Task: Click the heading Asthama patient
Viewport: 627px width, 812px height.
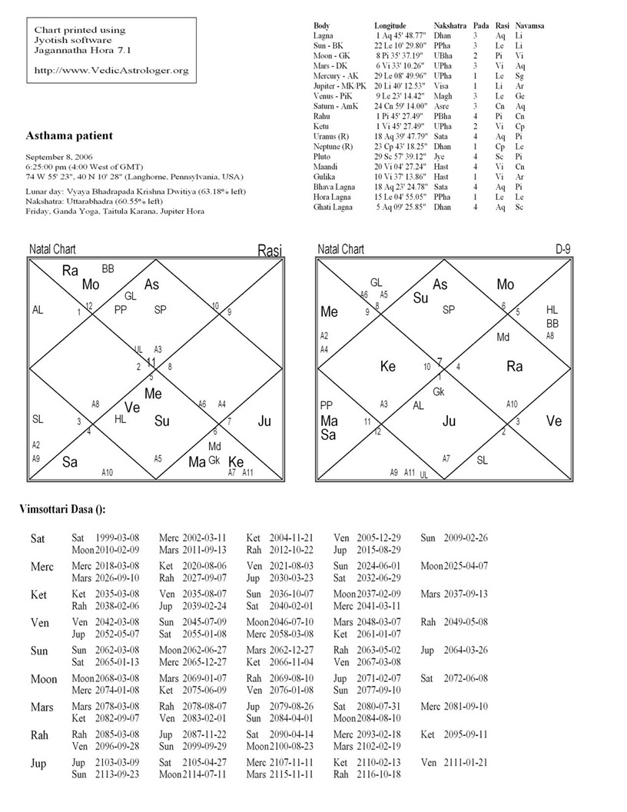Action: click(70, 136)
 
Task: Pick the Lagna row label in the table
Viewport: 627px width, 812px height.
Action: click(323, 36)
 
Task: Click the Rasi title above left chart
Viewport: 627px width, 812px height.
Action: click(270, 251)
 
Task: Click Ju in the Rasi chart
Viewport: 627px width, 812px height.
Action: click(265, 421)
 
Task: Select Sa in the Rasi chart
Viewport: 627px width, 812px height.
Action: click(71, 462)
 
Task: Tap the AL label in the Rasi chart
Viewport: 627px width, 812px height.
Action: click(38, 311)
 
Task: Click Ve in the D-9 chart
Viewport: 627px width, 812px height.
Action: click(554, 421)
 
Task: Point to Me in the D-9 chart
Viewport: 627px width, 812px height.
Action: click(329, 312)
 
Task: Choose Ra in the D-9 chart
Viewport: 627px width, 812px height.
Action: click(515, 367)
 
